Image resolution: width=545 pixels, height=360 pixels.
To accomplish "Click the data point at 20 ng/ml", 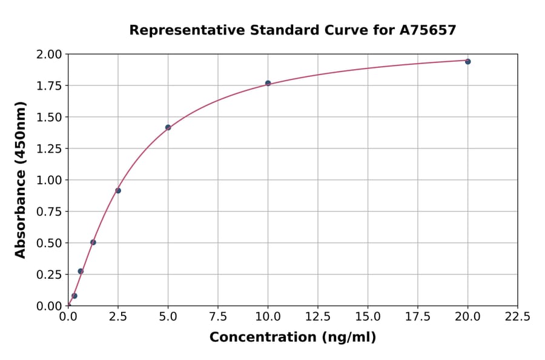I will [x=467, y=61].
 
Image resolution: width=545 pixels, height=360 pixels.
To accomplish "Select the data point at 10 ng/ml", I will [x=268, y=83].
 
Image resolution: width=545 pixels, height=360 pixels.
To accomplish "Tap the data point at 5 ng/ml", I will [x=168, y=127].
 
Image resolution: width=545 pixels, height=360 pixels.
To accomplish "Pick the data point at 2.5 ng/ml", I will [x=118, y=190].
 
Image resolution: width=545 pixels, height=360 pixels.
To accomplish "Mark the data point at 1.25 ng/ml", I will [x=93, y=242].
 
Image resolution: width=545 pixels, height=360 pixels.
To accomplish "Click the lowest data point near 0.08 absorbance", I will [x=74, y=296].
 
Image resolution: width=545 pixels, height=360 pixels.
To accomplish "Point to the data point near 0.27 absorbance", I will [x=81, y=271].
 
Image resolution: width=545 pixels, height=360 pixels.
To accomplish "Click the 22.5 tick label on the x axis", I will [x=517, y=317].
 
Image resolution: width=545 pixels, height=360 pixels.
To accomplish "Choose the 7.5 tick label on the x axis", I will [x=218, y=317].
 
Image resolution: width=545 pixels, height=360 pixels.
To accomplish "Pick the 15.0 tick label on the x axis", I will [x=368, y=317].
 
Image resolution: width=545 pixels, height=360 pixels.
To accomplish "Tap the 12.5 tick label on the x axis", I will [x=318, y=317].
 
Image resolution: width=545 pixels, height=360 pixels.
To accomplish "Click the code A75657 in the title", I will [x=428, y=30].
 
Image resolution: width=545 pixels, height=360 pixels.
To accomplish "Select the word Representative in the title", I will [x=178, y=30].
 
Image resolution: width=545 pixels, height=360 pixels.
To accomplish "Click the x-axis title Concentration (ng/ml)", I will [x=292, y=338].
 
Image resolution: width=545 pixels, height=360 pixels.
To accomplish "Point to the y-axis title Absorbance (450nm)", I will [x=21, y=180].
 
